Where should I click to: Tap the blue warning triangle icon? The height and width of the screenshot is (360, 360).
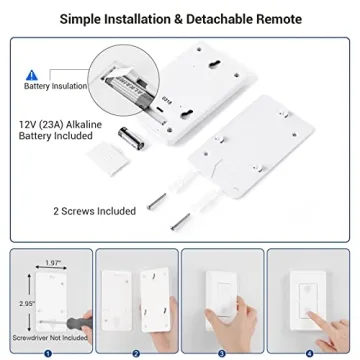[x=33, y=74]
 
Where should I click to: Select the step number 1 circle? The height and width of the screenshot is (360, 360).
[x=46, y=352]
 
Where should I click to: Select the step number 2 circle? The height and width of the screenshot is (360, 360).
[x=135, y=352]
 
